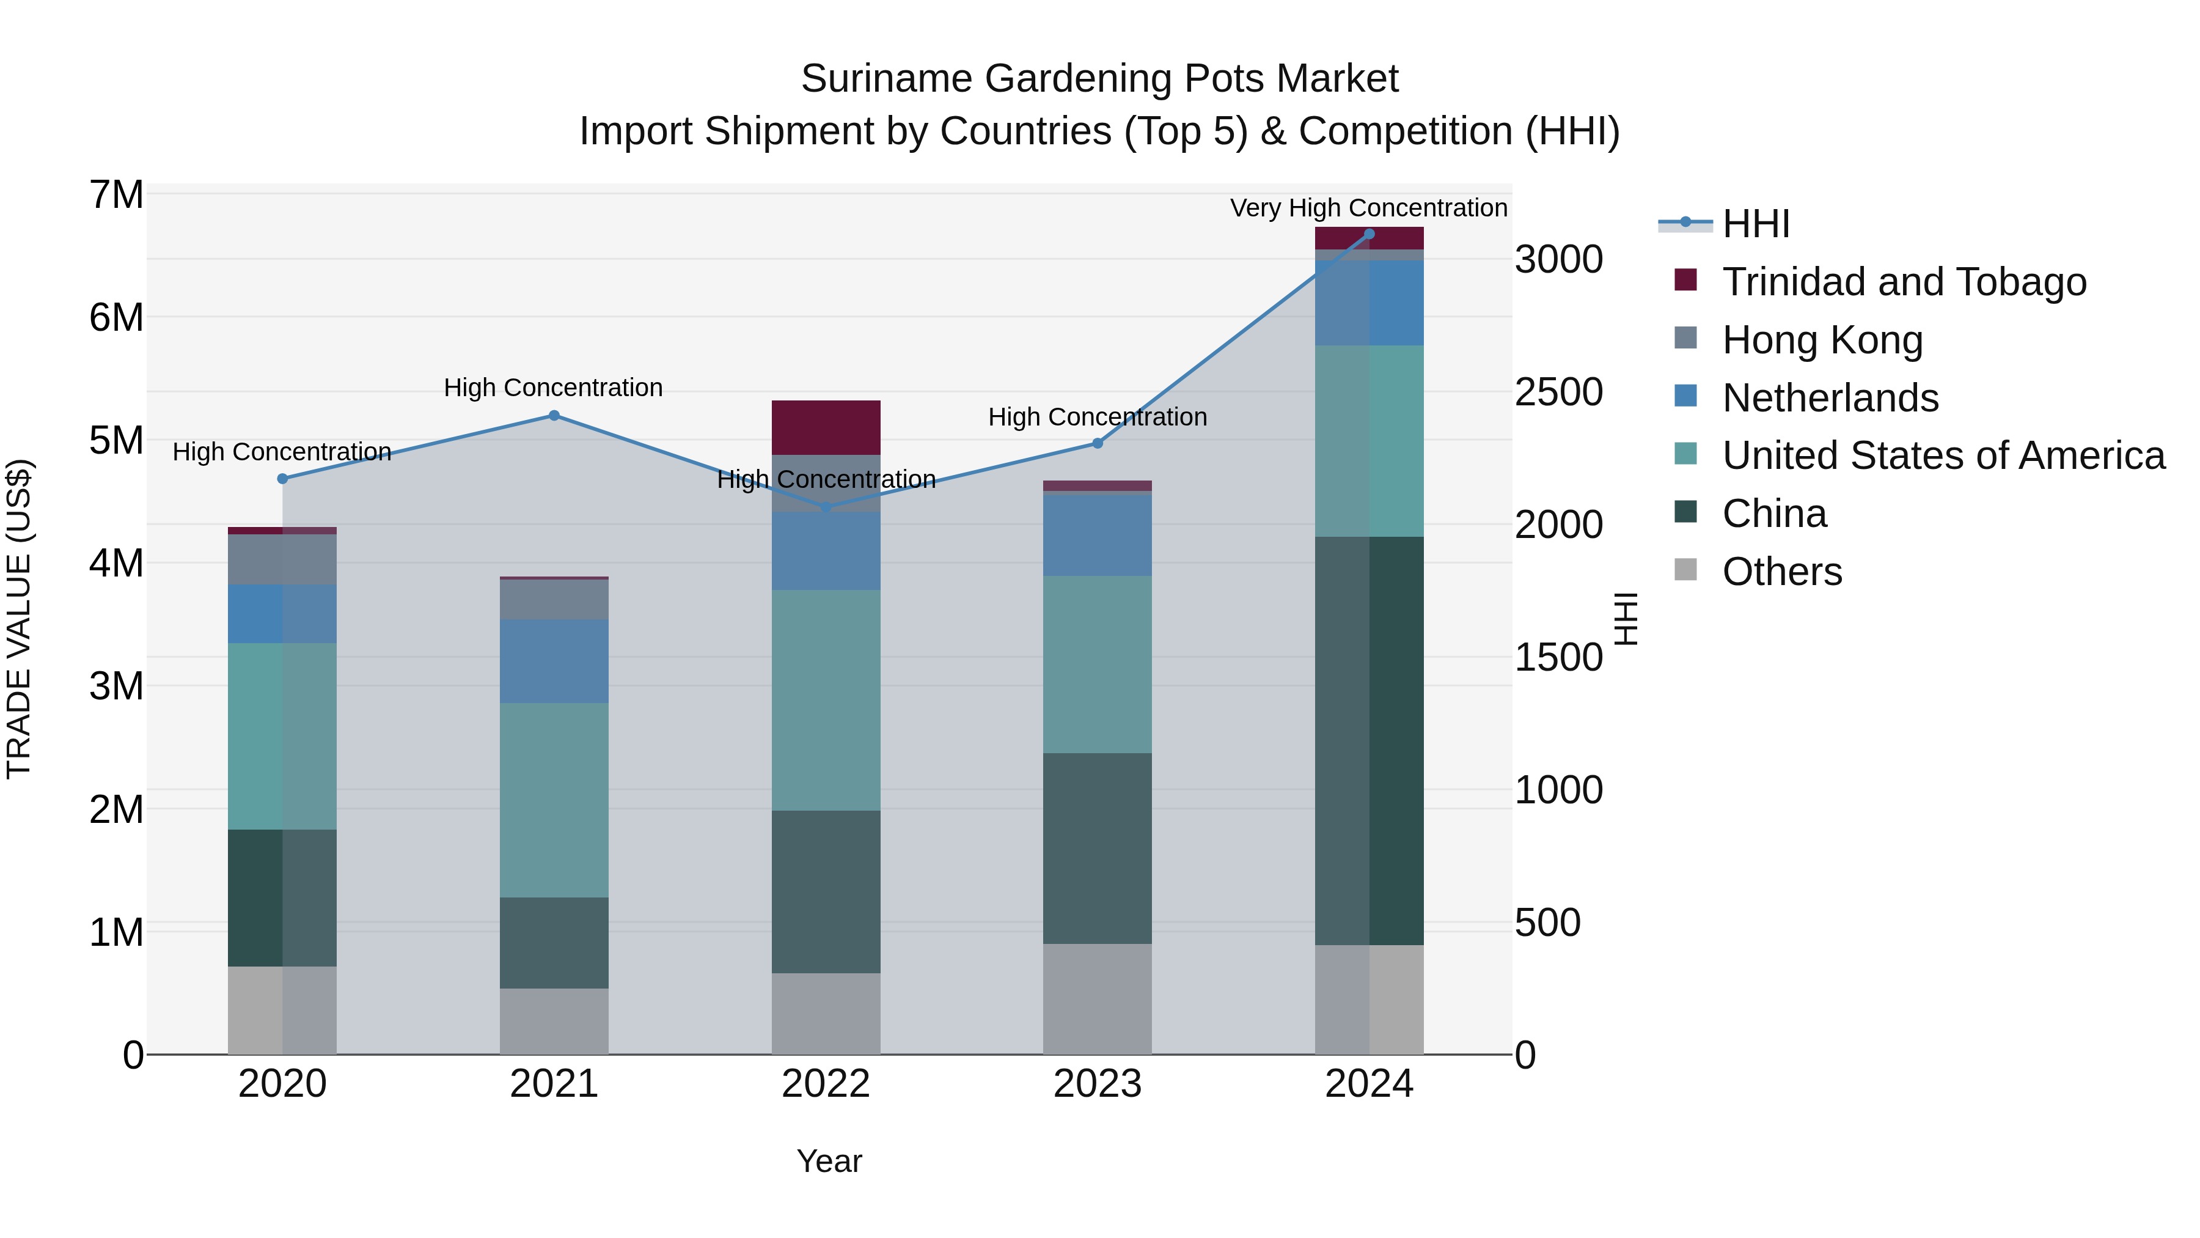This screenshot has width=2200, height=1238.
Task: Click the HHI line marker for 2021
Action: pyautogui.click(x=554, y=415)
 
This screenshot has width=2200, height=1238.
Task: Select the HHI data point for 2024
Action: pyautogui.click(x=1369, y=234)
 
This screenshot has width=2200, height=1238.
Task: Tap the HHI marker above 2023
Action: pyautogui.click(x=1098, y=443)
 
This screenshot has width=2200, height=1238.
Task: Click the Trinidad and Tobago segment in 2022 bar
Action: pyautogui.click(x=826, y=427)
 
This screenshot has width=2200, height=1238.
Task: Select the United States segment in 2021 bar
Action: pyautogui.click(x=554, y=800)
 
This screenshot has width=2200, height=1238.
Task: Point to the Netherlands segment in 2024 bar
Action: pyautogui.click(x=1369, y=303)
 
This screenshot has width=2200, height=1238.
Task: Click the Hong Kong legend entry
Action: pyautogui.click(x=1822, y=340)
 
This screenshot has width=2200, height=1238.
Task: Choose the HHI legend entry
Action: pyautogui.click(x=1755, y=224)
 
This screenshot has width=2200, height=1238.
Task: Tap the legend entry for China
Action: pyautogui.click(x=1774, y=514)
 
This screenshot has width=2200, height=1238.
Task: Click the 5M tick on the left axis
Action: pyautogui.click(x=117, y=441)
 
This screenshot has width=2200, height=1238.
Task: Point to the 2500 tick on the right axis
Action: pyautogui.click(x=1558, y=392)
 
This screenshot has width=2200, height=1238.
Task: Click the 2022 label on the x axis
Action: pyautogui.click(x=826, y=1084)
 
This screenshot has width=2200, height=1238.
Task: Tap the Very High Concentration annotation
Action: pyautogui.click(x=1368, y=208)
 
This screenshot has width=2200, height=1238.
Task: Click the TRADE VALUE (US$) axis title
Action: pyautogui.click(x=20, y=619)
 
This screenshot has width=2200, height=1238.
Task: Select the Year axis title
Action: pyautogui.click(x=829, y=1161)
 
